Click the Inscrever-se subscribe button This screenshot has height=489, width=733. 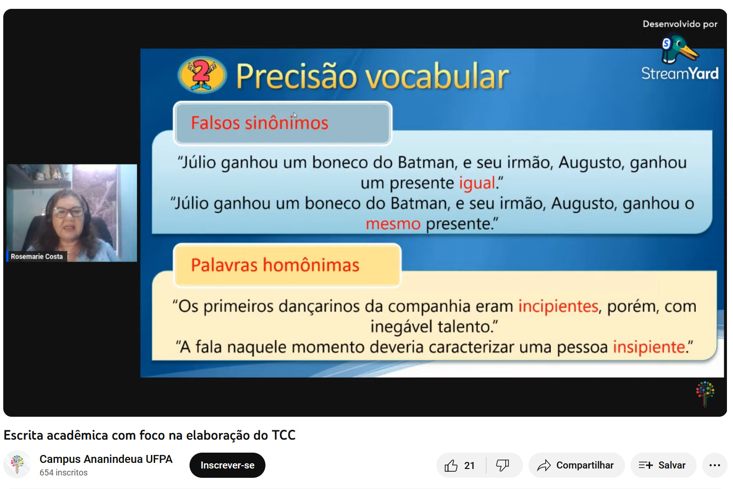[x=227, y=465]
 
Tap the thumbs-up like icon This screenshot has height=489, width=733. [x=451, y=465]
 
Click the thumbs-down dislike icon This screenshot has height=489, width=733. [x=502, y=465]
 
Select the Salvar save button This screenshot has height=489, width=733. [x=663, y=465]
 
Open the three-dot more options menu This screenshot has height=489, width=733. [x=715, y=465]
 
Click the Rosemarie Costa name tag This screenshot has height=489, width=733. [x=37, y=256]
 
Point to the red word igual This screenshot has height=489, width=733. [x=477, y=183]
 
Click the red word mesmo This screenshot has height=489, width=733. [x=393, y=224]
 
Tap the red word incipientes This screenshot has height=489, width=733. [x=558, y=307]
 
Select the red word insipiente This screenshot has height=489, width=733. [x=649, y=347]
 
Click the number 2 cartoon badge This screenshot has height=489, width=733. [x=202, y=75]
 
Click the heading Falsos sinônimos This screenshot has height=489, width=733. [x=259, y=123]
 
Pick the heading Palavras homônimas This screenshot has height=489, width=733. [x=275, y=265]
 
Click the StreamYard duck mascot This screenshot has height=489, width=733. [x=679, y=50]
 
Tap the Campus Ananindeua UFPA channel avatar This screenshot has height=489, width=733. [x=17, y=464]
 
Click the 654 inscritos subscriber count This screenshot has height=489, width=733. [x=63, y=473]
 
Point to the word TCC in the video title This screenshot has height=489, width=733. [x=284, y=435]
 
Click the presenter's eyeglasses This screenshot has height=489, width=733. [x=68, y=212]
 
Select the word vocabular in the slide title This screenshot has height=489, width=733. [x=437, y=76]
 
